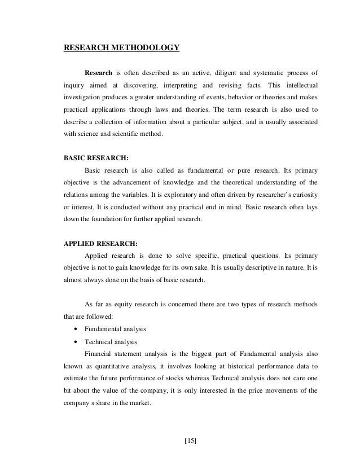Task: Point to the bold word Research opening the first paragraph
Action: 99,73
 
